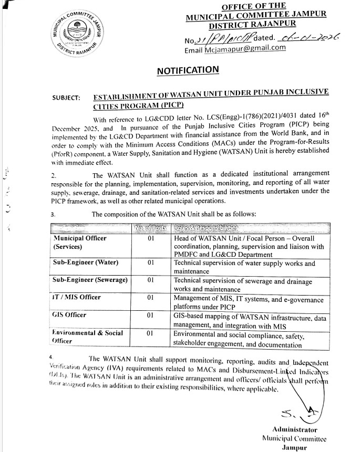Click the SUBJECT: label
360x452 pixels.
[x=67, y=98]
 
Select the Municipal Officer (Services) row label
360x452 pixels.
[x=80, y=242]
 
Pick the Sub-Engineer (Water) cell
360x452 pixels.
[x=86, y=262]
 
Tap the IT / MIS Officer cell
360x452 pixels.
[x=77, y=297]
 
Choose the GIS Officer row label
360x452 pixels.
[x=70, y=315]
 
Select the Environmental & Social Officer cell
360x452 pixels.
[x=88, y=337]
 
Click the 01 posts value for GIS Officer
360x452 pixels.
[x=150, y=315]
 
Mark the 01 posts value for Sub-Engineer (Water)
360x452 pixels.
[x=150, y=262]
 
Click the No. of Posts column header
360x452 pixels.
[x=150, y=227]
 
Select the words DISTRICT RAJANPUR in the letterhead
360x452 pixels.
[x=252, y=23]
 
